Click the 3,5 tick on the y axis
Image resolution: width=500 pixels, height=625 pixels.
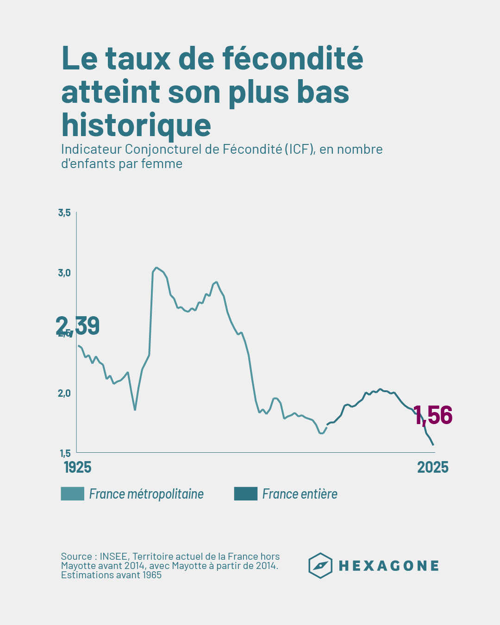pyautogui.click(x=64, y=213)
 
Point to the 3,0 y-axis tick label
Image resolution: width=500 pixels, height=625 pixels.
pyautogui.click(x=64, y=273)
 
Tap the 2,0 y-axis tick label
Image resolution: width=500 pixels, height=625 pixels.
pyautogui.click(x=64, y=393)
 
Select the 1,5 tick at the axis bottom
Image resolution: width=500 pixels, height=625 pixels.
pyautogui.click(x=65, y=453)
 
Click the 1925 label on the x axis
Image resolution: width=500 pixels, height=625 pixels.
pyautogui.click(x=77, y=467)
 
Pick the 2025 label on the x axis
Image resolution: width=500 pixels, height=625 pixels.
pyautogui.click(x=433, y=467)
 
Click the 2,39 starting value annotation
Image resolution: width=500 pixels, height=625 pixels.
pyautogui.click(x=78, y=325)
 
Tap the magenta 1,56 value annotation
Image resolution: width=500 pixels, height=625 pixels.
pyautogui.click(x=433, y=415)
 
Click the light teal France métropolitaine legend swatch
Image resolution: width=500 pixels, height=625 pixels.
pyautogui.click(x=73, y=494)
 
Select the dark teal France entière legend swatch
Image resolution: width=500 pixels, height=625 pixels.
pyautogui.click(x=245, y=494)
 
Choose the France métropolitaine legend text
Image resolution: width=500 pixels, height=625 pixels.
pyautogui.click(x=146, y=494)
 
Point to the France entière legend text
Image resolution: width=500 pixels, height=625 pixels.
pyautogui.click(x=300, y=494)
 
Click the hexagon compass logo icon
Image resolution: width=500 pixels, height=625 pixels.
pyautogui.click(x=320, y=566)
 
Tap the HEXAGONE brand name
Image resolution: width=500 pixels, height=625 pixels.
pyautogui.click(x=389, y=566)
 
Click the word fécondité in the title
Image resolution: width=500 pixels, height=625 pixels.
pyautogui.click(x=293, y=58)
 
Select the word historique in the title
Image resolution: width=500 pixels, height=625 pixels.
pyautogui.click(x=136, y=125)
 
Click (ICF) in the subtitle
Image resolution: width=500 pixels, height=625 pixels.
pyautogui.click(x=300, y=149)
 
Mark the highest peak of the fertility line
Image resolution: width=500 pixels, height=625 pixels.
pyautogui.click(x=156, y=268)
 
